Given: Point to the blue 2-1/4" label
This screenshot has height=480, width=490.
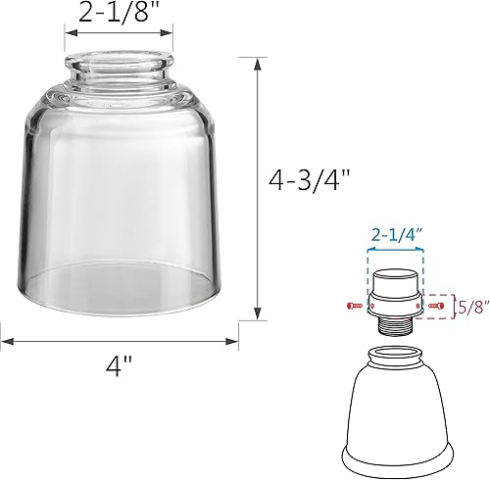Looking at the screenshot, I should click(x=398, y=234).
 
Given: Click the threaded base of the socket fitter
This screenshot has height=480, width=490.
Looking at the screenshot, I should click(x=397, y=327).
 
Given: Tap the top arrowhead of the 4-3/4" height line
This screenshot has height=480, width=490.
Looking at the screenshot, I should click(x=258, y=62).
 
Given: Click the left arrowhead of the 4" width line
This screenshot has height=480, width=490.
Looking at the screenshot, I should click(x=6, y=341).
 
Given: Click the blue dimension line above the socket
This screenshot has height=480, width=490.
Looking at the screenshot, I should click(x=398, y=249).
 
